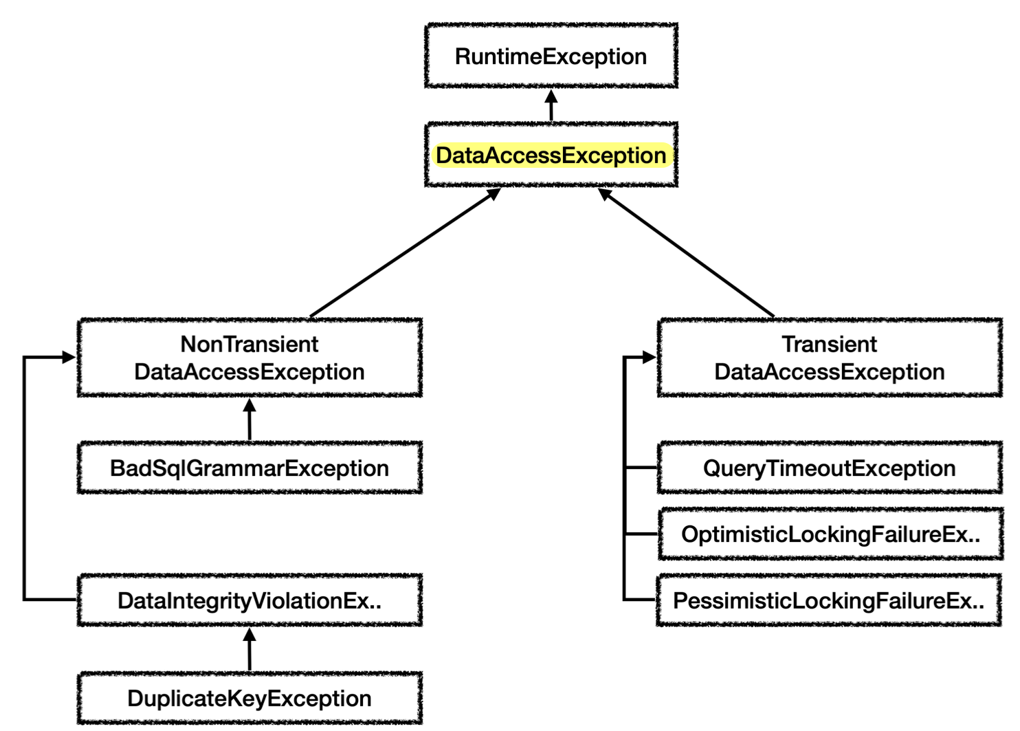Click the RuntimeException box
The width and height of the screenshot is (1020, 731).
click(551, 56)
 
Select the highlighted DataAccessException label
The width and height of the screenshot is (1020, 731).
click(551, 155)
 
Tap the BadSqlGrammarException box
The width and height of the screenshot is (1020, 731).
click(250, 468)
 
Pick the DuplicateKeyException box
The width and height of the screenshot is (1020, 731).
click(250, 698)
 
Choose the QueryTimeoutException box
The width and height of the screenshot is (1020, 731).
click(830, 468)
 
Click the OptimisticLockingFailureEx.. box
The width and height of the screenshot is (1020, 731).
click(830, 534)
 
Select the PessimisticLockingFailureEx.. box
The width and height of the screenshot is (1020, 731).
click(829, 600)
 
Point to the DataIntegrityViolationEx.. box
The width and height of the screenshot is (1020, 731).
click(250, 600)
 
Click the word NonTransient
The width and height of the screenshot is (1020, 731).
click(250, 344)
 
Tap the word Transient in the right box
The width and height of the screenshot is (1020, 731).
click(829, 344)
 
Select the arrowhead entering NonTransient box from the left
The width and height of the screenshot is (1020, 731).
click(69, 357)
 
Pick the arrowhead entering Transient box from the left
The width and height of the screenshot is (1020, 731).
click(650, 357)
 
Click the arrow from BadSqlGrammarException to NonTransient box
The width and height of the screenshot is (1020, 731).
click(249, 419)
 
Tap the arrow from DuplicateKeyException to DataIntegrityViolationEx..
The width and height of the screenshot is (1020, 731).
click(249, 649)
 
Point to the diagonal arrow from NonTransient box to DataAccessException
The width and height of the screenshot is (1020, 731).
click(406, 253)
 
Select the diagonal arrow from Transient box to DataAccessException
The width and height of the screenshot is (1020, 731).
click(686, 253)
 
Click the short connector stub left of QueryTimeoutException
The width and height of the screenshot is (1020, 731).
click(641, 468)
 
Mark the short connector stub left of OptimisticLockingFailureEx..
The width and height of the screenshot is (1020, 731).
click(641, 534)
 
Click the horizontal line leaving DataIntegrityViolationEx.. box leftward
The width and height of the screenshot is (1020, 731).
click(50, 600)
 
